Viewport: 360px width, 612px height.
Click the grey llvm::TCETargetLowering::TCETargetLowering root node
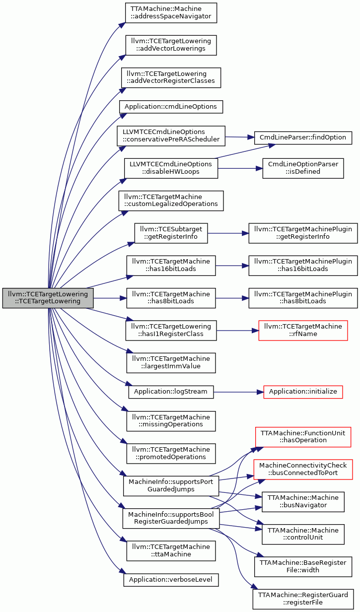[x=48, y=298]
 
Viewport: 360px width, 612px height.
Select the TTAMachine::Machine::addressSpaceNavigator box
[x=171, y=13]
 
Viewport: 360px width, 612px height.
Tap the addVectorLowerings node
[x=171, y=45]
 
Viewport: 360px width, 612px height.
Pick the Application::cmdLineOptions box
[x=171, y=107]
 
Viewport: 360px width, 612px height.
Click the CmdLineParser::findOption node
[x=303, y=137]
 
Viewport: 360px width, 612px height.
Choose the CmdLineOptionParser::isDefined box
[x=303, y=168]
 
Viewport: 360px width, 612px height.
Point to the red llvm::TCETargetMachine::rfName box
[x=303, y=330]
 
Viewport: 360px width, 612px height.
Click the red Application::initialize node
[x=303, y=392]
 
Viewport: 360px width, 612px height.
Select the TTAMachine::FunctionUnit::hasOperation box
[x=303, y=437]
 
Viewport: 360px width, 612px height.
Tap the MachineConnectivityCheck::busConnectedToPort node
[x=303, y=470]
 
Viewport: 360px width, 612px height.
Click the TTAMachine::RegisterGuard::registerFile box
[x=303, y=599]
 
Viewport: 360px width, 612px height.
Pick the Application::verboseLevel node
[x=171, y=580]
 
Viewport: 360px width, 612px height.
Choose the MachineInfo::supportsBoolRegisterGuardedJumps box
[x=171, y=518]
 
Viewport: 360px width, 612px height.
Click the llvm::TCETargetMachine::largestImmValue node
[x=171, y=363]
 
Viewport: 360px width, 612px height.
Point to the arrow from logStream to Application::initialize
[x=238, y=392]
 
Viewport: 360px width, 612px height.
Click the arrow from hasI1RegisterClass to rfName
[x=237, y=331]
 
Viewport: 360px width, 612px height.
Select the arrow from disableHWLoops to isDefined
[x=240, y=169]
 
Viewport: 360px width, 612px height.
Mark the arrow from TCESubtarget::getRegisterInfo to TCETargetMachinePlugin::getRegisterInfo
[x=228, y=233]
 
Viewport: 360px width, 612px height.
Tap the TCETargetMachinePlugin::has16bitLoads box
[x=303, y=266]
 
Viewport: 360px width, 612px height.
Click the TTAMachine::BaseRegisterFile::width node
[x=303, y=567]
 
